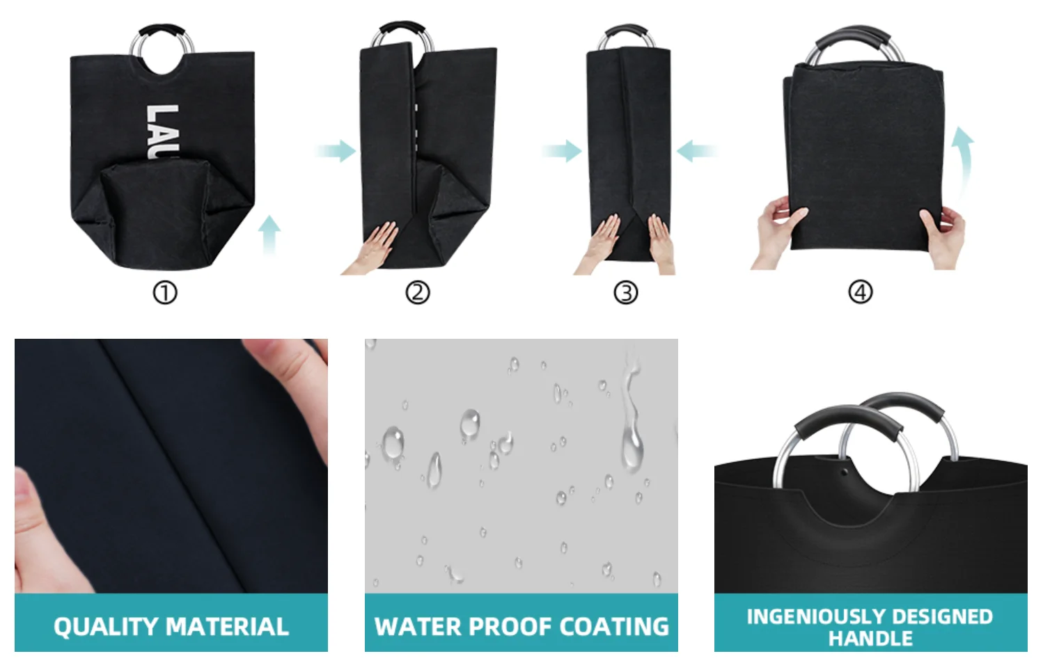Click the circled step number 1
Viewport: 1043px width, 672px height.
165,293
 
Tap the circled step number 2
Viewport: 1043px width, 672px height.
418,292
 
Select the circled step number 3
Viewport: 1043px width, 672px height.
625,292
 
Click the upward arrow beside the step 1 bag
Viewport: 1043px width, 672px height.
269,234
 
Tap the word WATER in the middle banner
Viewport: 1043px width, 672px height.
418,627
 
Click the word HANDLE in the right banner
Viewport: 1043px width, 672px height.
870,639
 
